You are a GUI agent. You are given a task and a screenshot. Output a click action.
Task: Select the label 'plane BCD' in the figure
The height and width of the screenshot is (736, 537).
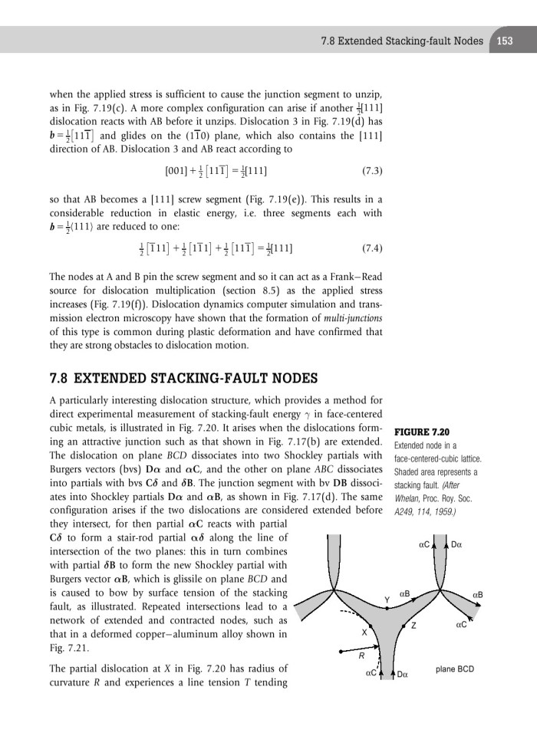(455, 669)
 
